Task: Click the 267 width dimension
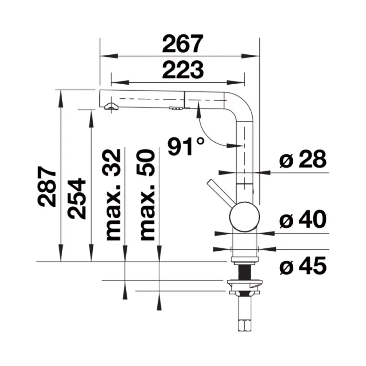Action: coord(183,43)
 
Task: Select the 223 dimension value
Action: coord(183,70)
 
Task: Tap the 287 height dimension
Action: coord(47,186)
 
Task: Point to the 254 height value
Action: coord(77,199)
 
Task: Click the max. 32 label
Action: coord(112,195)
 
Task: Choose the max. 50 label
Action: coord(146,195)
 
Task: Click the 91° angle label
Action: coord(186,146)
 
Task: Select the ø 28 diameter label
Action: coord(303,159)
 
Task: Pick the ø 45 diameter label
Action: coord(303,266)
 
